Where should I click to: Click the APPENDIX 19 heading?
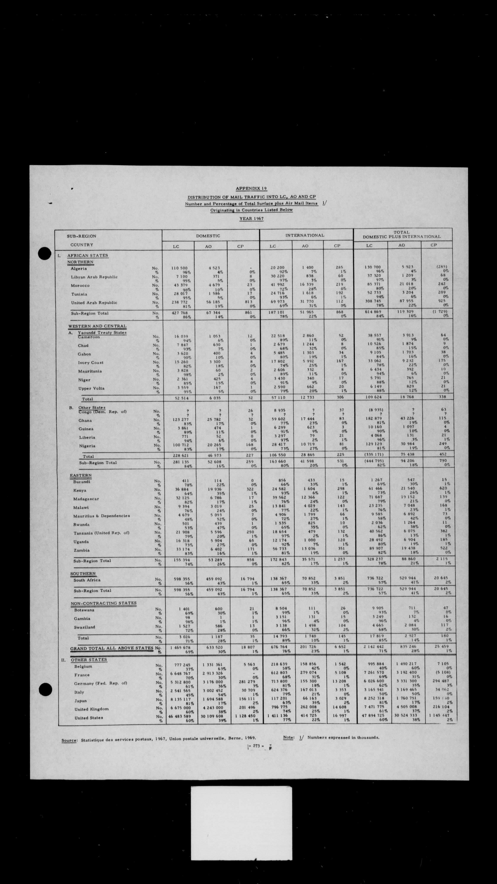tap(251, 188)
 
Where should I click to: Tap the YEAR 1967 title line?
tap(251, 218)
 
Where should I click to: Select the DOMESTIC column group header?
tap(208, 236)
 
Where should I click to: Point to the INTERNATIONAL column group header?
tap(305, 236)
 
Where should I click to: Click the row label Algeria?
tap(79, 269)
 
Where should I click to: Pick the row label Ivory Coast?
tap(90, 362)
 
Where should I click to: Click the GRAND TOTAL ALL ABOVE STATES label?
tap(112, 648)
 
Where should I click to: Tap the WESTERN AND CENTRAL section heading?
tap(97, 326)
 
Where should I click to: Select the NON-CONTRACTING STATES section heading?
tap(103, 603)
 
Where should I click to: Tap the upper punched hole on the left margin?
tap(45, 253)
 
